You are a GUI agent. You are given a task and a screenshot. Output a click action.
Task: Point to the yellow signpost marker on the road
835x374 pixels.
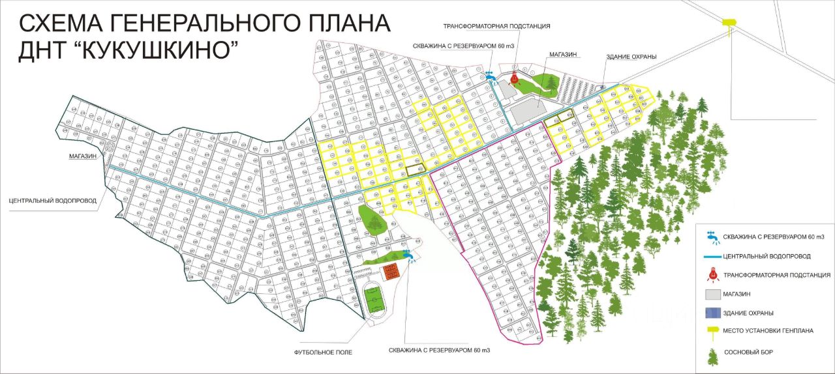click(x=728, y=23)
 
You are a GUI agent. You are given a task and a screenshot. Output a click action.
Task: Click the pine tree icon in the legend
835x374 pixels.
click(x=712, y=354)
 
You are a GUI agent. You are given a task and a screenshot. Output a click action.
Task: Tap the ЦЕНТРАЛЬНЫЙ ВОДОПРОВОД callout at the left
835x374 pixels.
click(x=53, y=201)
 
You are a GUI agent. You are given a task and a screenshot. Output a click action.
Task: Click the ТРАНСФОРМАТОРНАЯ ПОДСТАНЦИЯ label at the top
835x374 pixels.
click(x=496, y=26)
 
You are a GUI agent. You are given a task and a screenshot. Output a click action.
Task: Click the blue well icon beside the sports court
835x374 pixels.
click(x=409, y=255)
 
